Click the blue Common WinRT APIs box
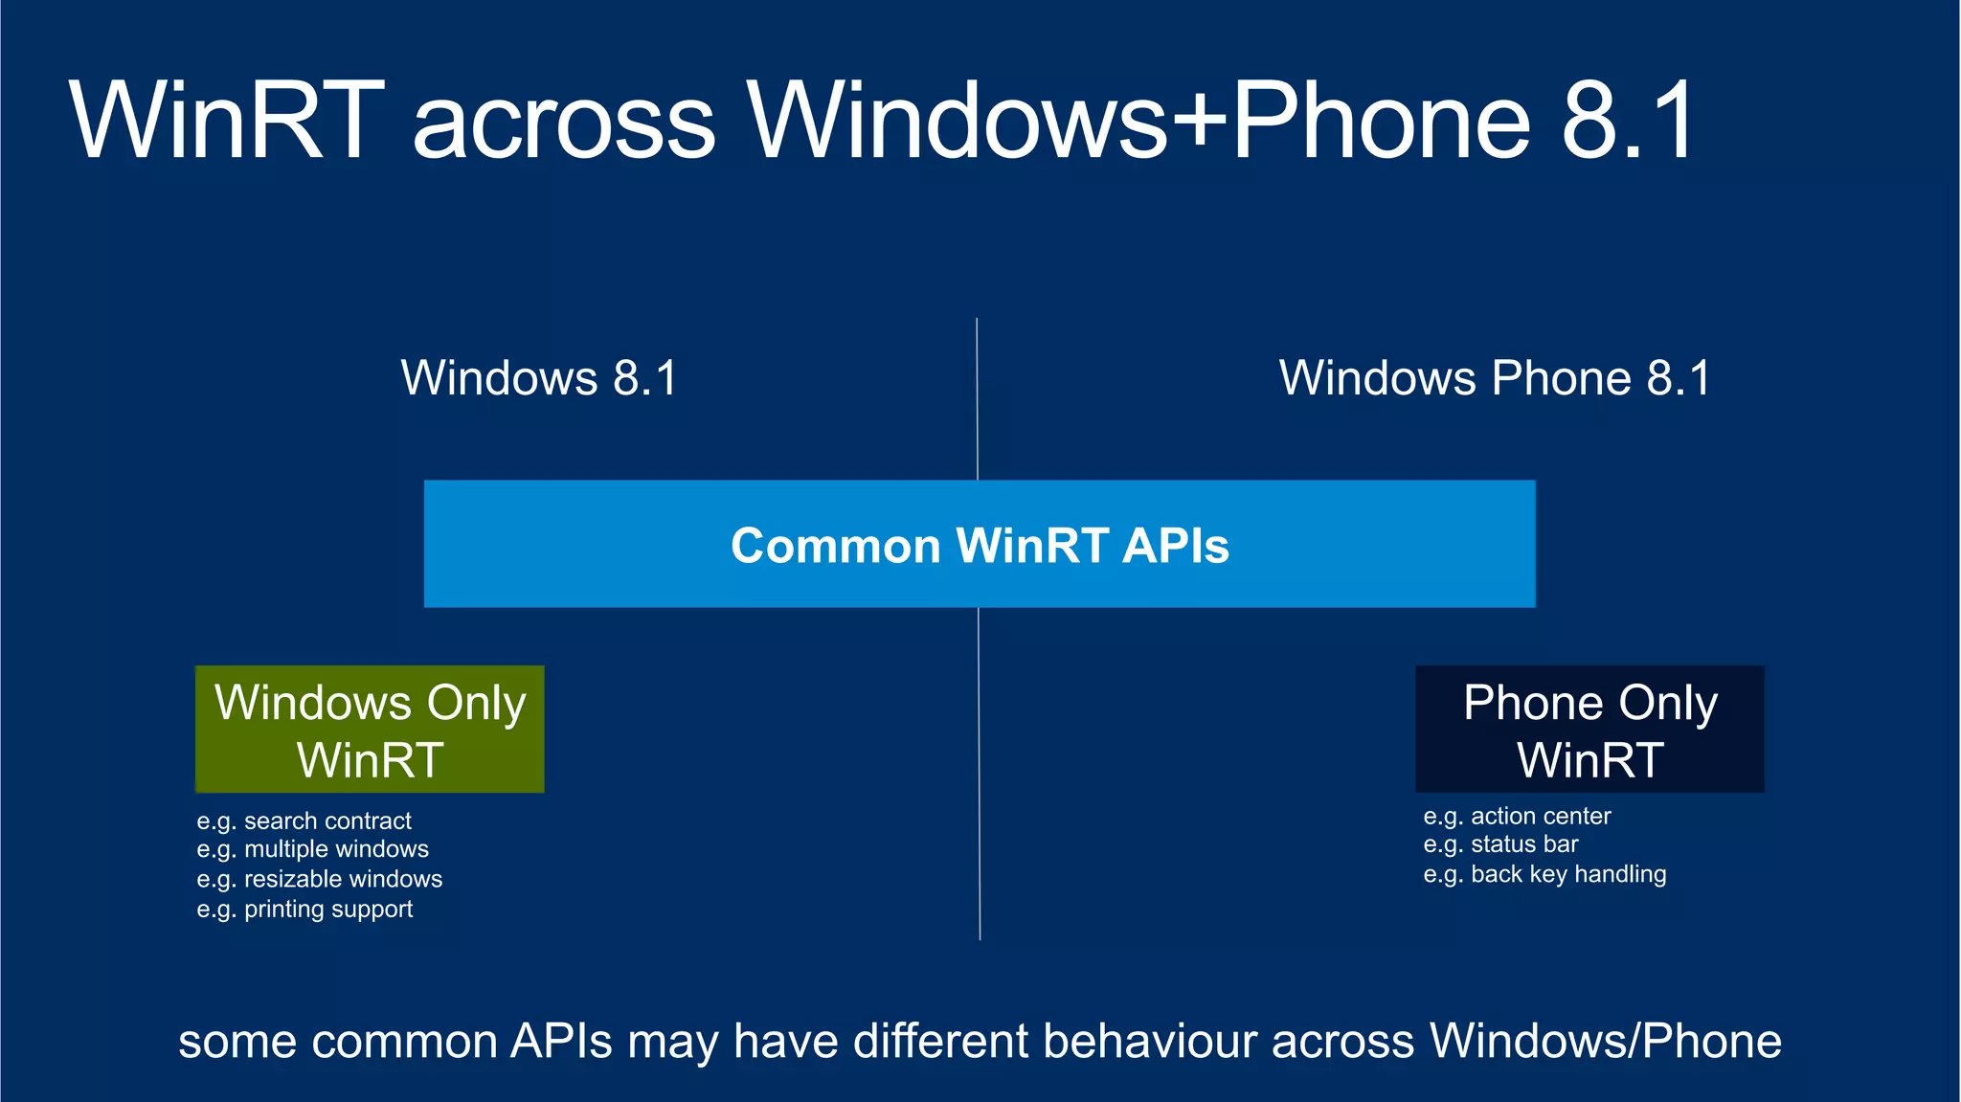pyautogui.click(x=980, y=544)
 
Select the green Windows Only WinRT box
pyautogui.click(x=370, y=730)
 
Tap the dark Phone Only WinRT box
pyautogui.click(x=1589, y=730)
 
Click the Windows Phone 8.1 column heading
pyautogui.click(x=1495, y=378)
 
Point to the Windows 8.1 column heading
pyautogui.click(x=539, y=378)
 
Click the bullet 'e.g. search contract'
pyautogui.click(x=304, y=821)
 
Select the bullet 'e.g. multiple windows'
pyautogui.click(x=312, y=849)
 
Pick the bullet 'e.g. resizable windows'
pyautogui.click(x=319, y=879)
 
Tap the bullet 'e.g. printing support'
pyautogui.click(x=304, y=909)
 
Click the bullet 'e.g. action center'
pyautogui.click(x=1517, y=817)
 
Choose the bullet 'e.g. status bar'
pyautogui.click(x=1500, y=844)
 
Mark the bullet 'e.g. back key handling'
pyautogui.click(x=1544, y=874)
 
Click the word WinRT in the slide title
pyautogui.click(x=227, y=122)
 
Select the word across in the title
pyautogui.click(x=564, y=122)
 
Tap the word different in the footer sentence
pyautogui.click(x=940, y=1042)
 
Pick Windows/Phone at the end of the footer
pyautogui.click(x=1605, y=1042)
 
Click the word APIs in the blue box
pyautogui.click(x=1176, y=546)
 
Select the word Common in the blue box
pyautogui.click(x=836, y=546)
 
